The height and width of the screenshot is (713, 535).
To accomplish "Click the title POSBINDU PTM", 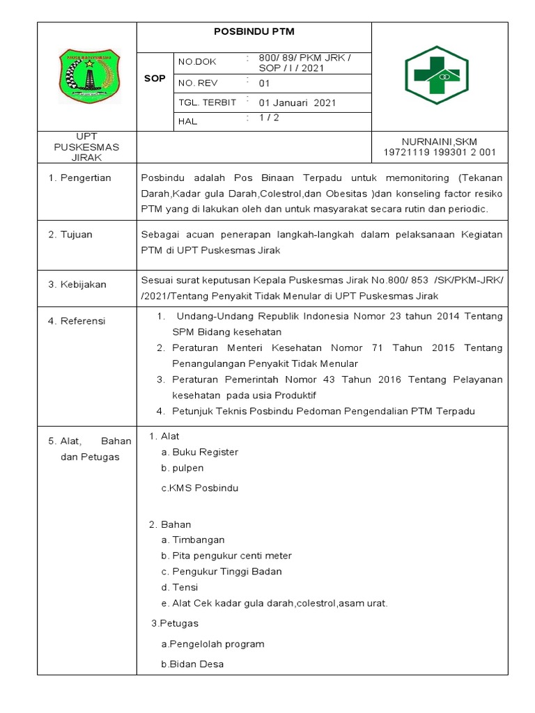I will pos(254,31).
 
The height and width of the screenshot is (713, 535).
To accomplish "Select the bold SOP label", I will pos(155,79).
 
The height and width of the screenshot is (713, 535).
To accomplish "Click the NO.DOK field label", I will pos(197,62).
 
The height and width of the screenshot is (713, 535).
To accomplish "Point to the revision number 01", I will pos(264,83).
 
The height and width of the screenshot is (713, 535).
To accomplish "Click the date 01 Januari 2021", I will pos(297,102).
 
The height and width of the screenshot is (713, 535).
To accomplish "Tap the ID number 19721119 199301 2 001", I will pos(440,152).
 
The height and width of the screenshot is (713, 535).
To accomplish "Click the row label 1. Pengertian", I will pos(79,178).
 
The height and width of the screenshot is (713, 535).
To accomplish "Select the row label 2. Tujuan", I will pos(70,235).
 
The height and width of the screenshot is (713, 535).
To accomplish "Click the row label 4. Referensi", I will pos(77,321).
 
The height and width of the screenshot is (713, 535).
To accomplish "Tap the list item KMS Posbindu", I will pos(199,488).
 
